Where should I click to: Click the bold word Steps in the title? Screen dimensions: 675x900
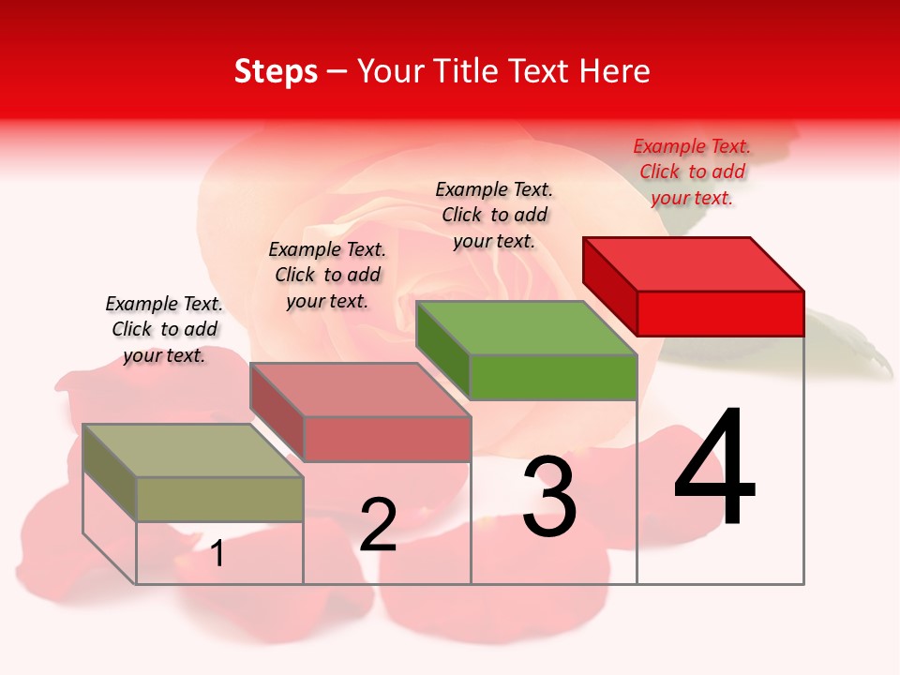276,71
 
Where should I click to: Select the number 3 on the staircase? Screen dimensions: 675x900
549,497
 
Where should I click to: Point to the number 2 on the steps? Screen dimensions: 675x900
379,525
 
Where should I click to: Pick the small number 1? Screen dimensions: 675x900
217,554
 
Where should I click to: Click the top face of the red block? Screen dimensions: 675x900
694,263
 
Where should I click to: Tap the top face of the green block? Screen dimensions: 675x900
527,328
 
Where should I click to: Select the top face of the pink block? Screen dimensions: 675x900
360,390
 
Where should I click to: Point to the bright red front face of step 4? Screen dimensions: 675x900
720,313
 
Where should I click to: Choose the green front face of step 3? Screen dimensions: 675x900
553,377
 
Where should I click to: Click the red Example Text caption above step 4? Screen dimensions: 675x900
692,172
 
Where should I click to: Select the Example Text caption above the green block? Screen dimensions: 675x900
494,215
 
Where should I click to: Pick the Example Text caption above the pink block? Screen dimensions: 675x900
327,275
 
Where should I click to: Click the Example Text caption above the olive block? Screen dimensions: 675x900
164,329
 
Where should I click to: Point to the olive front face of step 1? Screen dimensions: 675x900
219,499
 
